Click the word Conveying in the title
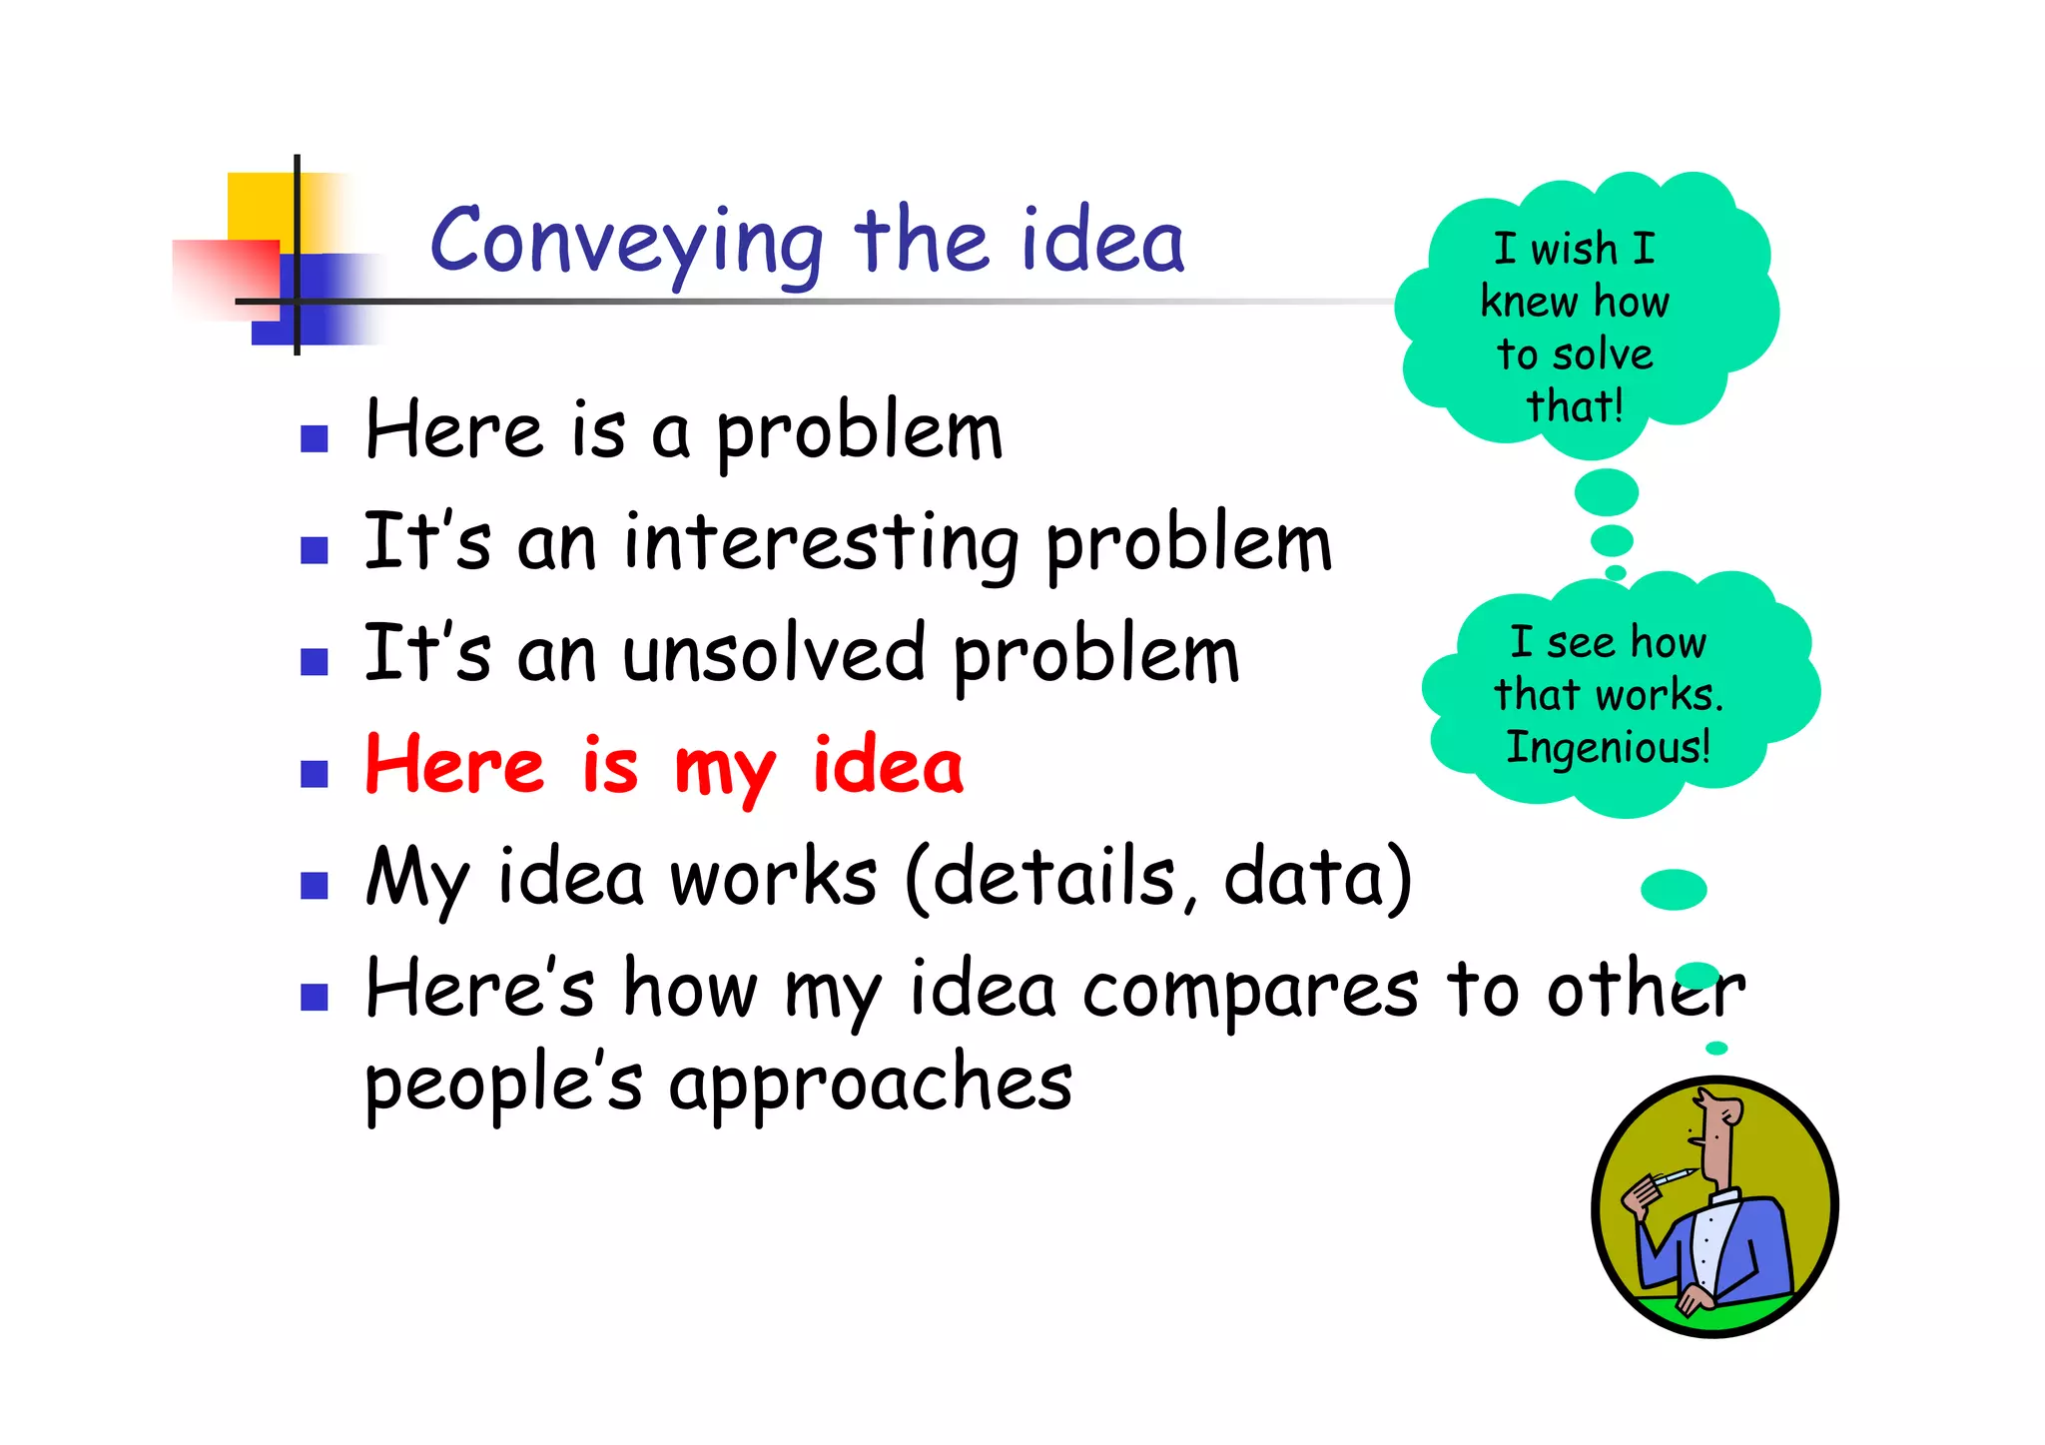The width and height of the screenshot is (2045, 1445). click(x=627, y=243)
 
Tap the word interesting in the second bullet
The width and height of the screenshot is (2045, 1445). click(x=822, y=544)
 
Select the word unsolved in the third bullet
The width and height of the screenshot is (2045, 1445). click(x=774, y=654)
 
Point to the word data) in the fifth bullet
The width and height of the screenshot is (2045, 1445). click(x=1318, y=878)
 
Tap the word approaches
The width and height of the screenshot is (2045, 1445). click(x=871, y=1084)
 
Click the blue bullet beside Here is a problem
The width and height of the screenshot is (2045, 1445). click(x=315, y=439)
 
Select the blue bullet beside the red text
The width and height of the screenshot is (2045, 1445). click(x=315, y=774)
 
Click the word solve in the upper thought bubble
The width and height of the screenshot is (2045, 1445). click(x=1604, y=356)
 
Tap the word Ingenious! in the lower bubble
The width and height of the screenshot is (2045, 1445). click(x=1608, y=747)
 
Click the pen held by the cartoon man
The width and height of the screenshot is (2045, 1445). click(x=1672, y=1175)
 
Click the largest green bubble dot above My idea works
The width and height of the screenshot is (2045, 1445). click(x=1674, y=889)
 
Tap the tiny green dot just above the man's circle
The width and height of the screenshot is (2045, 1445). click(x=1716, y=1048)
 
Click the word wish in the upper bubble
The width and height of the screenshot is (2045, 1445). click(x=1574, y=249)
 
